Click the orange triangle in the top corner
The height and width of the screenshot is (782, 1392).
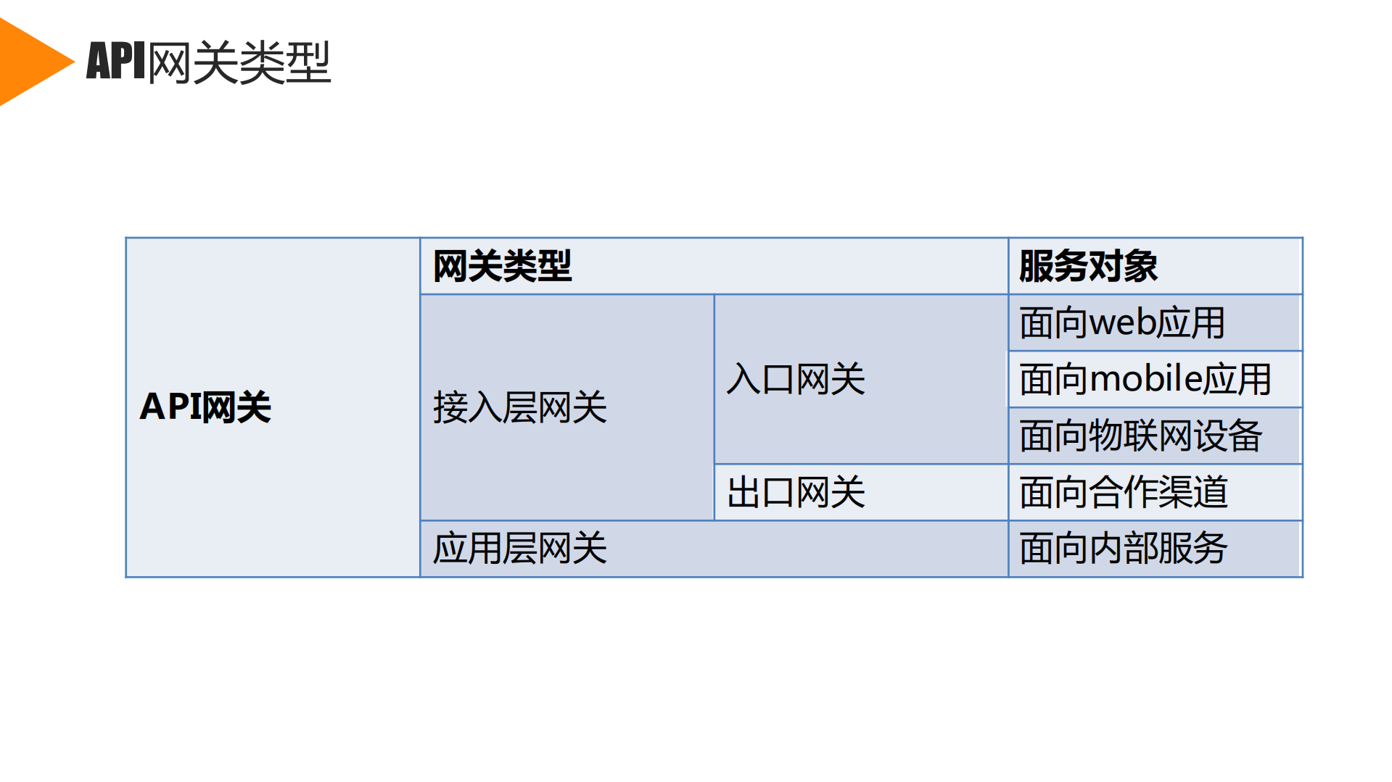click(29, 62)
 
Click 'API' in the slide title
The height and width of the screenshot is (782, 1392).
click(116, 61)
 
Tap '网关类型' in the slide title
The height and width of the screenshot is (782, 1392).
click(239, 62)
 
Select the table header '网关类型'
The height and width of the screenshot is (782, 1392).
click(502, 266)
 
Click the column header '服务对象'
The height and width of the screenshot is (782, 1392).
click(1088, 266)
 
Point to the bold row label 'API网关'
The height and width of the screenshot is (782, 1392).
click(205, 407)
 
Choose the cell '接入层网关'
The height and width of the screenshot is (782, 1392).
click(519, 407)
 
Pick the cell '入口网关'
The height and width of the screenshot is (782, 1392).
click(796, 379)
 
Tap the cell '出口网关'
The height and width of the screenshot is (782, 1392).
click(796, 493)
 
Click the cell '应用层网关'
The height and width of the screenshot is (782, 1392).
click(519, 549)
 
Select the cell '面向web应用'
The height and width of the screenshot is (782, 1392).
click(1121, 323)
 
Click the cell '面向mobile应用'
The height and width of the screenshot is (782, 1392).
click(1145, 380)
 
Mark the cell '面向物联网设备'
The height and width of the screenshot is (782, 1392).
click(1140, 436)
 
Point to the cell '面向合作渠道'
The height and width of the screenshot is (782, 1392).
click(1123, 493)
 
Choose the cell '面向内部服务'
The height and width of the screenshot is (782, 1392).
click(1123, 549)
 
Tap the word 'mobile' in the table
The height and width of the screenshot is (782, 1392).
click(1145, 380)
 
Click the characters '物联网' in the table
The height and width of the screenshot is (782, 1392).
click(1140, 436)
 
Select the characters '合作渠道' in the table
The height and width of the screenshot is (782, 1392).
click(1158, 493)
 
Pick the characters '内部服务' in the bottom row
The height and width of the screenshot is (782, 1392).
click(1158, 549)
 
